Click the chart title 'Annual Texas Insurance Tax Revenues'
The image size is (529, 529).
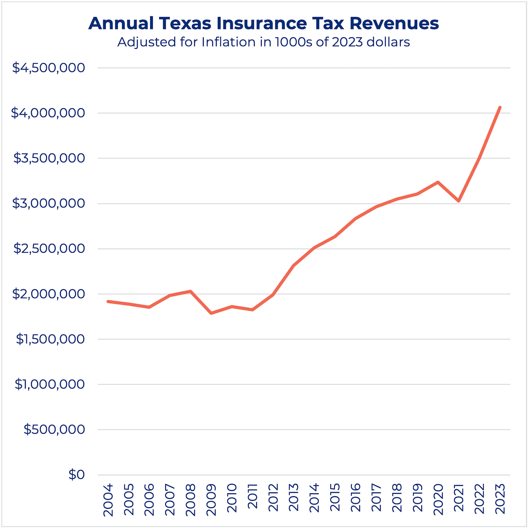[x=263, y=23]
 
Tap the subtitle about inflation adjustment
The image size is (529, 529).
[x=263, y=42]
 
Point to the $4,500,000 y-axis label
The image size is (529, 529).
[x=49, y=68]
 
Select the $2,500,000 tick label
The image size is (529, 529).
[x=49, y=249]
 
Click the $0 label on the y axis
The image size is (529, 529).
[x=76, y=475]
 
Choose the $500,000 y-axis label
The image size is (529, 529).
[x=54, y=429]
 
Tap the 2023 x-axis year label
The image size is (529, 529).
[x=500, y=500]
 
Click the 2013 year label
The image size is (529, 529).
[x=294, y=500]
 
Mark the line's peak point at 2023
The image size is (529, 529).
[x=500, y=107]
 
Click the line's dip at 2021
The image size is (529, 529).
[x=459, y=201]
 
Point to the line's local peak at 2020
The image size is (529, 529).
[x=438, y=182]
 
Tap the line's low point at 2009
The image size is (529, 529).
[x=211, y=313]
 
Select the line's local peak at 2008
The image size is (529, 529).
[x=191, y=291]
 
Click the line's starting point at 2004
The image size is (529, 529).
[x=108, y=301]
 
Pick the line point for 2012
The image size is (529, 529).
[x=273, y=295]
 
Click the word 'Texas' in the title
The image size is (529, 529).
[x=185, y=23]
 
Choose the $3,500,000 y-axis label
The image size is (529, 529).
[x=49, y=158]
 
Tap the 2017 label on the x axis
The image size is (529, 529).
[x=376, y=500]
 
